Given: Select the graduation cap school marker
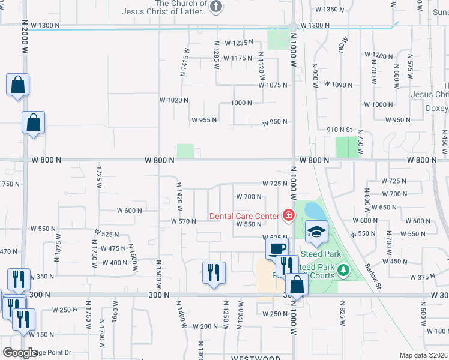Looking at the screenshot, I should click(316, 231).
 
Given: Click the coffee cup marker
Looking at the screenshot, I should click(277, 248).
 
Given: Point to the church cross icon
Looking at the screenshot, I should click(217, 7).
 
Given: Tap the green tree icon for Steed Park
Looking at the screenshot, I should click(343, 271).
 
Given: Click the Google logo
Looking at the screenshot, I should click(19, 353).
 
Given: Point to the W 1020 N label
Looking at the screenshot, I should click(174, 100).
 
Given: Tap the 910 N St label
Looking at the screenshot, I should click(339, 130).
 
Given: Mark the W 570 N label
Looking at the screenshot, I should click(184, 221).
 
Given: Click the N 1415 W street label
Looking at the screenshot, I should click(185, 62).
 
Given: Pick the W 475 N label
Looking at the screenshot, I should click(113, 248).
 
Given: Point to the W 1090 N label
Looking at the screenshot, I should click(338, 85).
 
